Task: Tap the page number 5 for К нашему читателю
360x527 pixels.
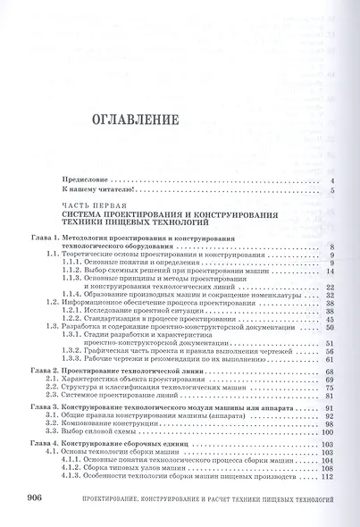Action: (331, 190)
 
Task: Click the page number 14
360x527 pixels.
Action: (330, 270)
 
